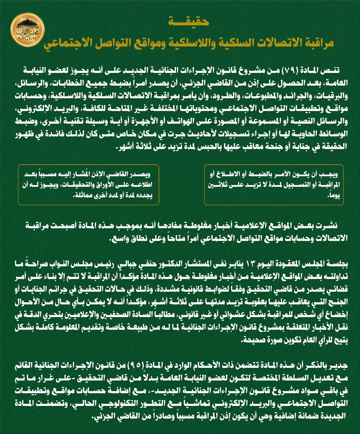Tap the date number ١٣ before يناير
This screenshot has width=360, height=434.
pyautogui.click(x=249, y=263)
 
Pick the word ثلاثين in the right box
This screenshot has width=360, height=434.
pyautogui.click(x=219, y=185)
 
